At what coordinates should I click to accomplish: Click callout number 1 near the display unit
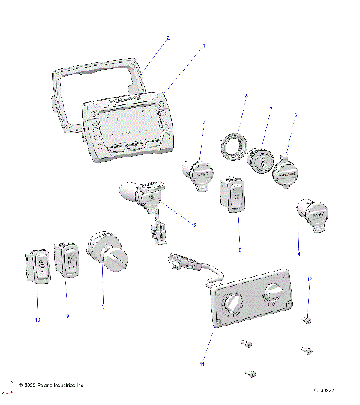click(x=202, y=46)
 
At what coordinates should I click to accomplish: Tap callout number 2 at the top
click(x=167, y=37)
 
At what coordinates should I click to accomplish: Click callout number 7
click(x=271, y=110)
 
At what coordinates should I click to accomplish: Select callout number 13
click(x=194, y=224)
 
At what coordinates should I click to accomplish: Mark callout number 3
click(x=103, y=307)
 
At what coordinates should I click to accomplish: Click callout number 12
click(x=309, y=278)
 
